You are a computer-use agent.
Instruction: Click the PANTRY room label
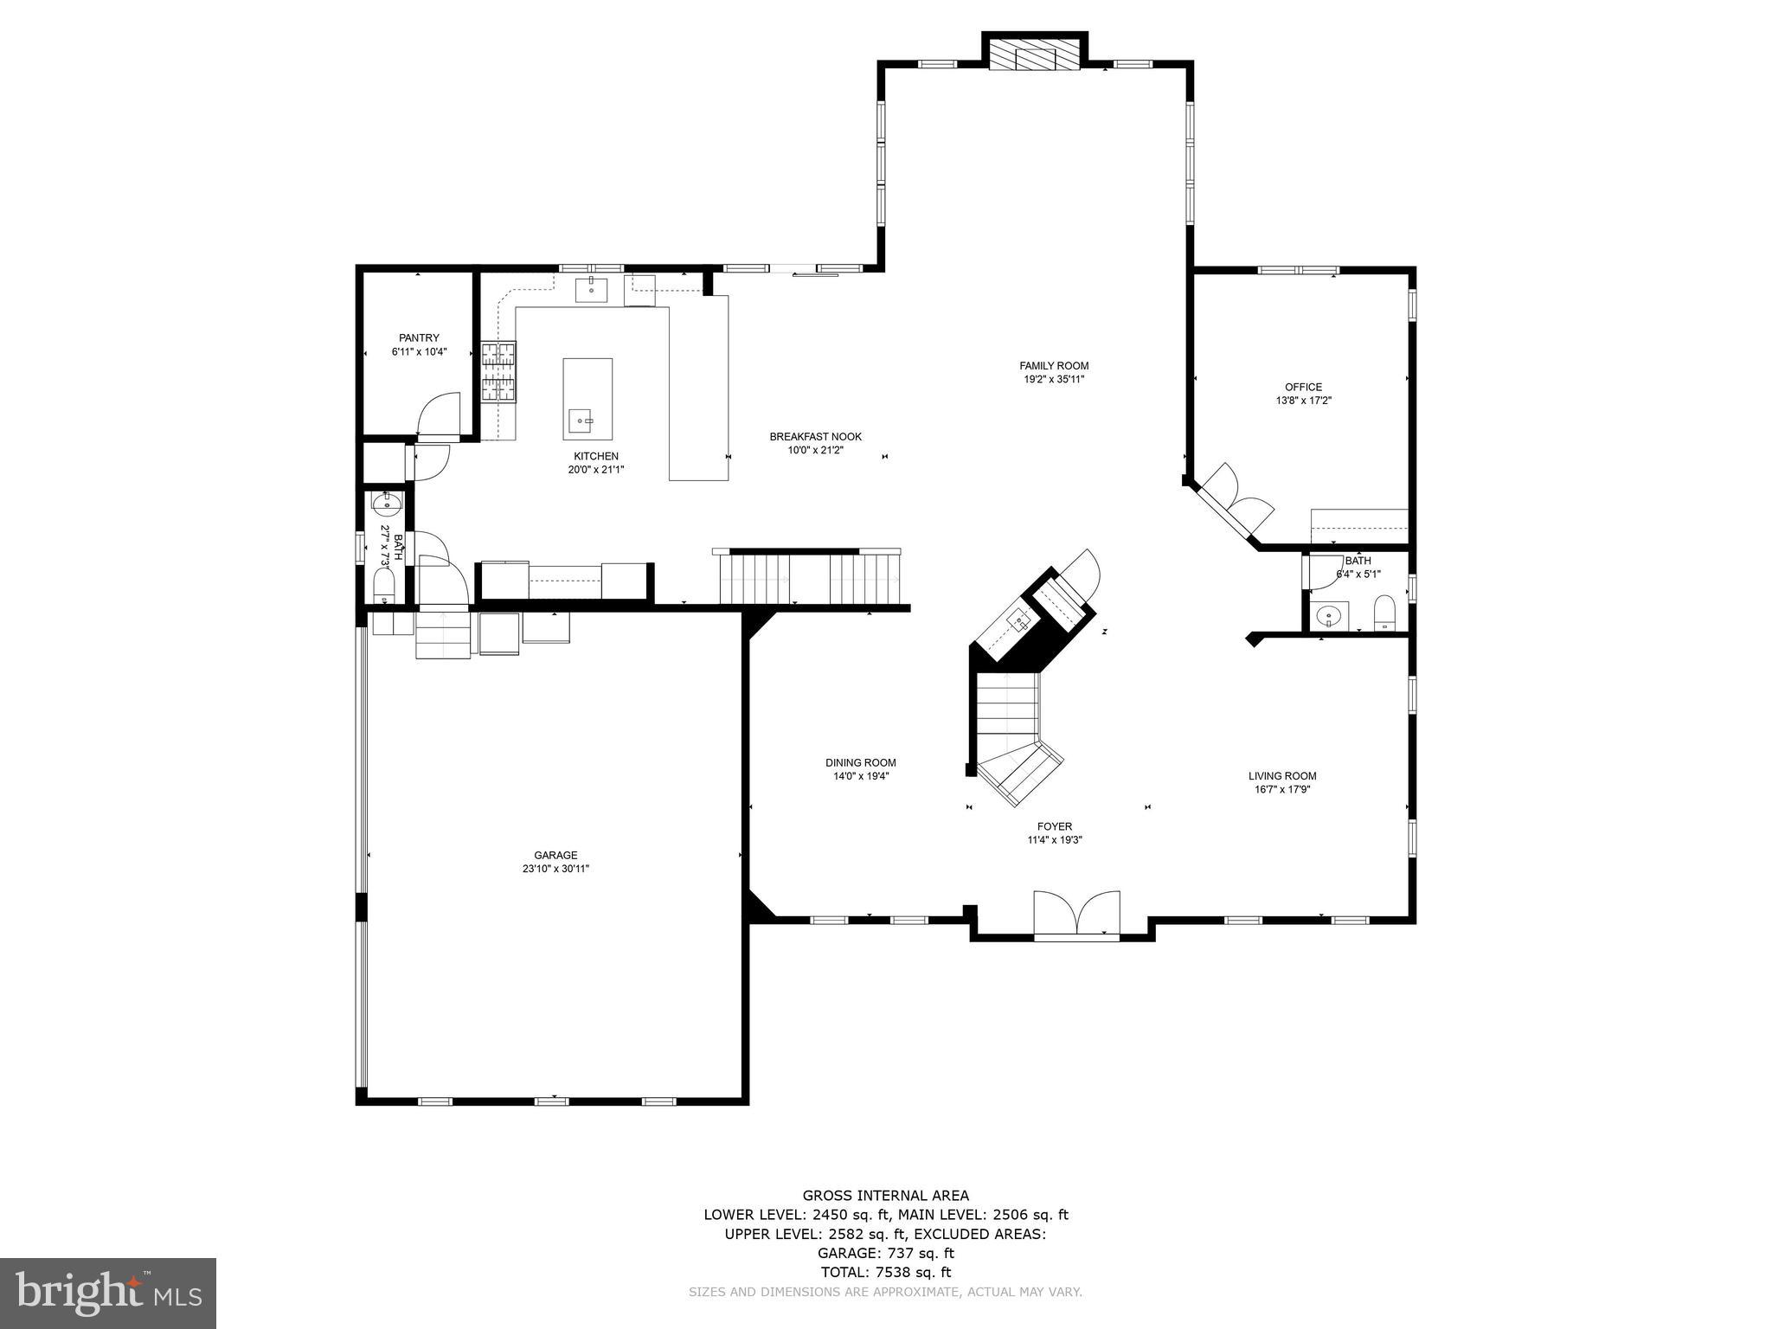(x=419, y=337)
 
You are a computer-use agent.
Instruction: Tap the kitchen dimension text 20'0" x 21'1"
(x=595, y=470)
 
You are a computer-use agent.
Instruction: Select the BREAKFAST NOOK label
(x=815, y=437)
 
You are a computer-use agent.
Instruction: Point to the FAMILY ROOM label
(x=1053, y=366)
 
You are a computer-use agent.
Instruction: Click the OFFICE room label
(x=1303, y=387)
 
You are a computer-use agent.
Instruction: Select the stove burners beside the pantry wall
(x=499, y=372)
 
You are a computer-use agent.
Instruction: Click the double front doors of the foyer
(x=1076, y=914)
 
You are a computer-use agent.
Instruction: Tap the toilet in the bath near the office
(x=1384, y=613)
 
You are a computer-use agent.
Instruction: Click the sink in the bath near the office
(x=1327, y=615)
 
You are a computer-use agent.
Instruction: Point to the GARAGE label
(x=555, y=855)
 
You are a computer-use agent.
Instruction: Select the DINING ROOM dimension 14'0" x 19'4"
(x=860, y=776)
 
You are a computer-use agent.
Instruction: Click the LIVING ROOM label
(x=1281, y=776)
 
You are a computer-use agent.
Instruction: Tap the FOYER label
(x=1054, y=826)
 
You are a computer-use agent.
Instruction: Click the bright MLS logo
(x=107, y=1293)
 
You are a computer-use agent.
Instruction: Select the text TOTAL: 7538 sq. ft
(x=885, y=1272)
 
